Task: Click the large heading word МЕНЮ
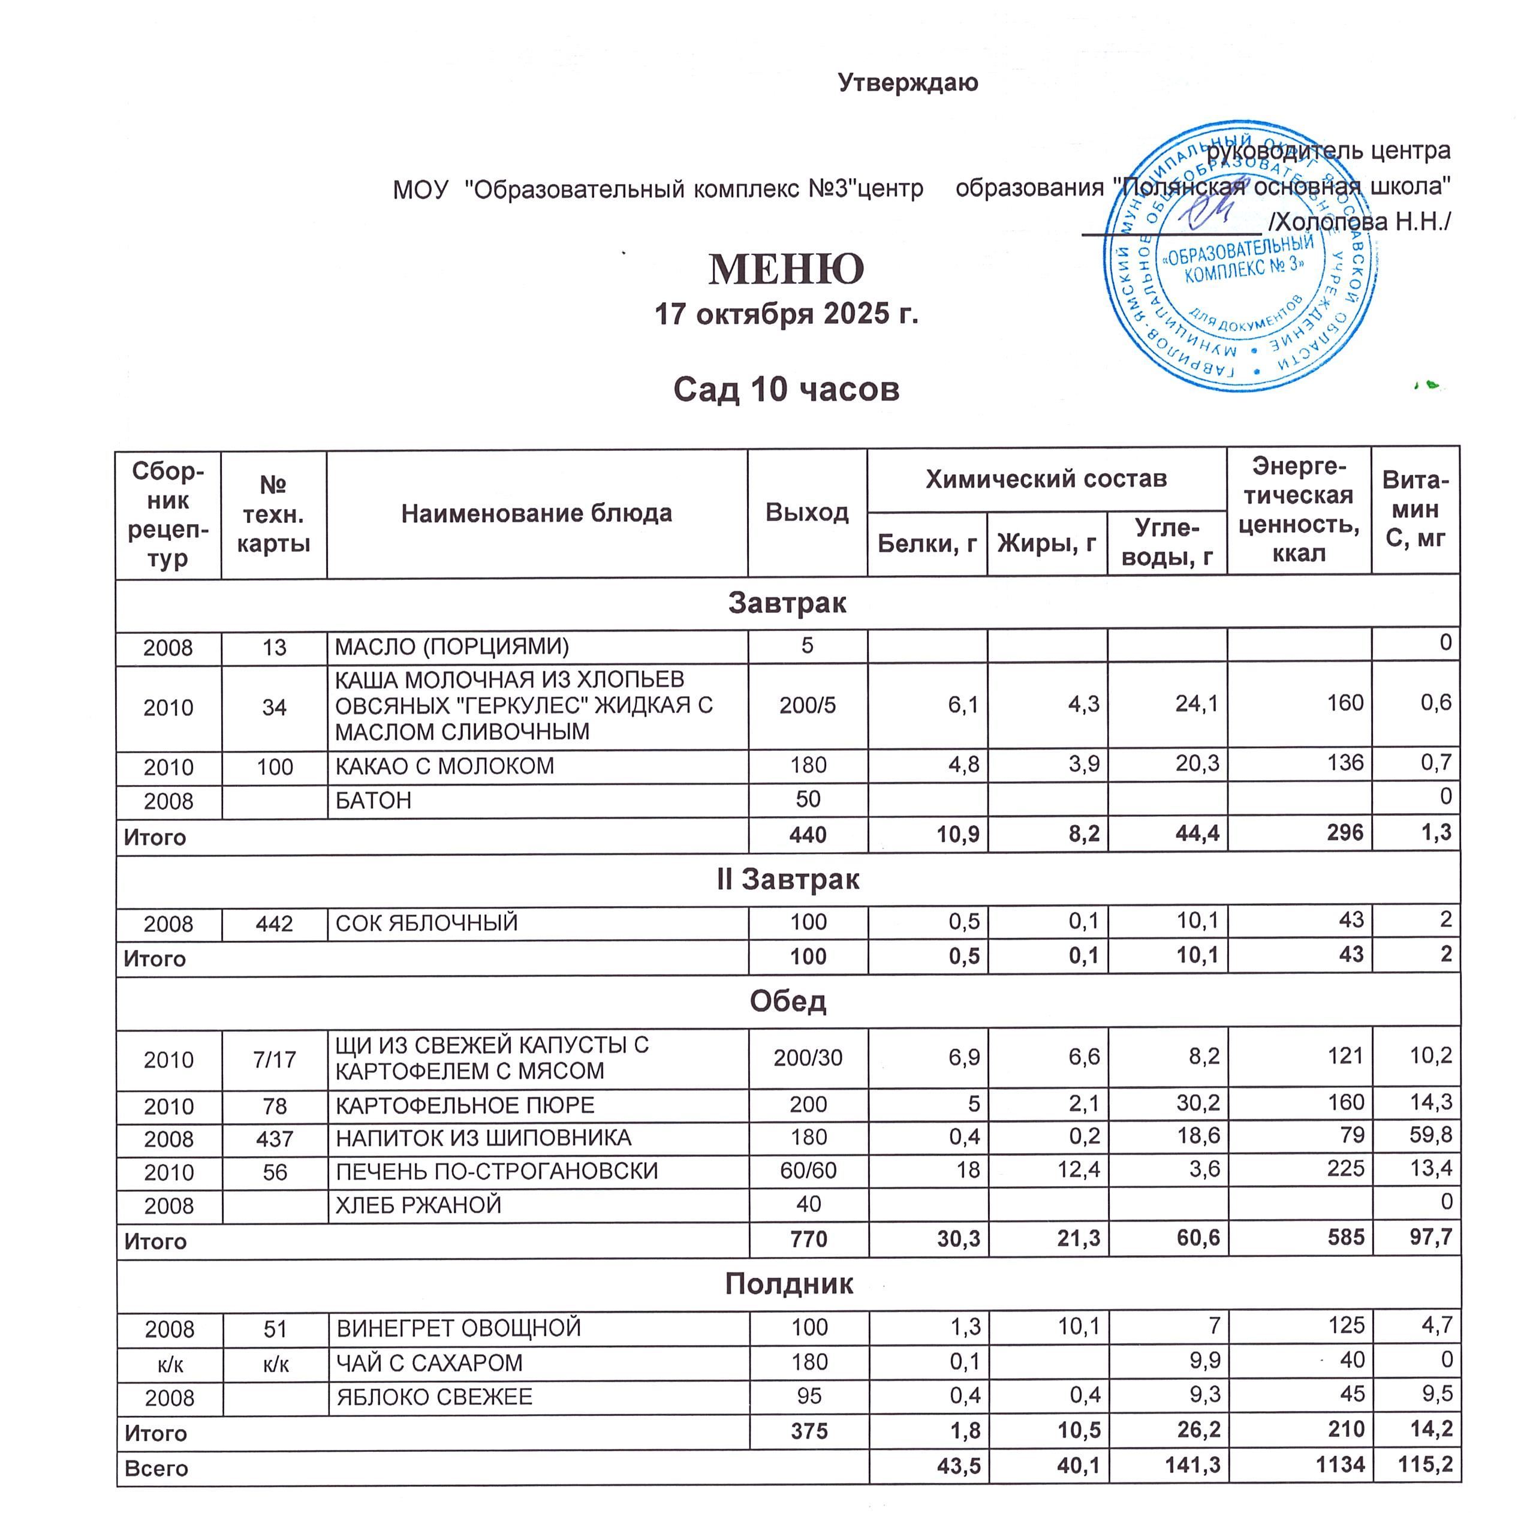pyautogui.click(x=785, y=269)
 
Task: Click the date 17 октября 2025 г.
pyautogui.click(x=785, y=314)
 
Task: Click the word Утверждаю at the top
pyautogui.click(x=908, y=82)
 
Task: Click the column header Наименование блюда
pyautogui.click(x=536, y=513)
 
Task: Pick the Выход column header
pyautogui.click(x=806, y=513)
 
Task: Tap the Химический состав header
pyautogui.click(x=1046, y=479)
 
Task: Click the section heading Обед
pyautogui.click(x=787, y=1001)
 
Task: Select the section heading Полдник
pyautogui.click(x=788, y=1283)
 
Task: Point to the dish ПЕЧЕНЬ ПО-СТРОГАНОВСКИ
pyautogui.click(x=496, y=1171)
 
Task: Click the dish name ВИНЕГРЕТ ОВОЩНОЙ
pyautogui.click(x=459, y=1328)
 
